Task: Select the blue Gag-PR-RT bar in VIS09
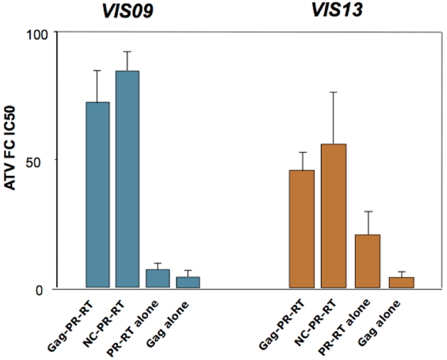[x=98, y=195]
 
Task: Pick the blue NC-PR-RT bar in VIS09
[x=127, y=179]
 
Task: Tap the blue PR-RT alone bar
[x=158, y=278]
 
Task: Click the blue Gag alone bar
[x=188, y=282]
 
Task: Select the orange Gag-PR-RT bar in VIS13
[x=302, y=229]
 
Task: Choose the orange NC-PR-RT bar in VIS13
[x=334, y=216]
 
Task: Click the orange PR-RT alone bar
[x=368, y=261]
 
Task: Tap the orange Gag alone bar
[x=402, y=283]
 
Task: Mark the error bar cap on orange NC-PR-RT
[x=334, y=92]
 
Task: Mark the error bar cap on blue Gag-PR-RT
[x=98, y=70]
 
